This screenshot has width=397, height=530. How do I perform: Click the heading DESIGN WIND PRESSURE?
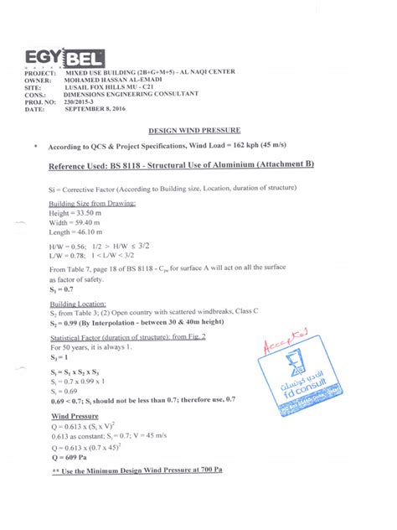point(194,132)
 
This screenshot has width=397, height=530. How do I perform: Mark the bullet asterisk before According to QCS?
point(36,146)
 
